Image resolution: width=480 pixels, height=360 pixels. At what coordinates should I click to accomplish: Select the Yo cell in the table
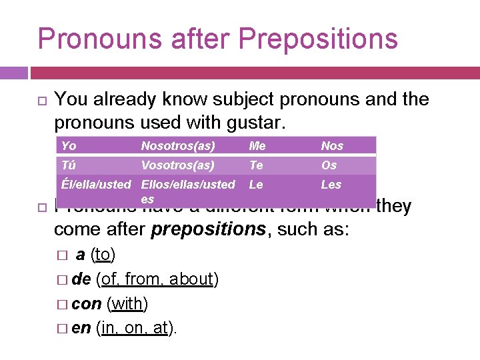[x=69, y=146]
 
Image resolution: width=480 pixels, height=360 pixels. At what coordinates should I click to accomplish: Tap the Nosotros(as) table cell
[x=177, y=146]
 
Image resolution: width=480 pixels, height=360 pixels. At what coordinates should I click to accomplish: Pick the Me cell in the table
[x=257, y=146]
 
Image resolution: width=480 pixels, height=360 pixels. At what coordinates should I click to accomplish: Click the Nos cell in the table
[x=332, y=146]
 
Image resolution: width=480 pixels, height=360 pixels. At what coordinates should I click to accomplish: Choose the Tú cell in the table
[x=68, y=165]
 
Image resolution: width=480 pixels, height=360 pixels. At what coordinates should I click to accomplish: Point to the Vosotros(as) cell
[x=177, y=165]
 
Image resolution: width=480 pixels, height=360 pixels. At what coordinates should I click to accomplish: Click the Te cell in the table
[x=256, y=165]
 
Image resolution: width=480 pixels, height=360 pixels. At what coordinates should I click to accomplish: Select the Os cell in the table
[x=329, y=165]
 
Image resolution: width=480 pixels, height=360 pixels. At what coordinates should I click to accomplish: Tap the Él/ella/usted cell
[x=96, y=185]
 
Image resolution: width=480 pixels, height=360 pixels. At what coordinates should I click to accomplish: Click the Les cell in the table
[x=331, y=185]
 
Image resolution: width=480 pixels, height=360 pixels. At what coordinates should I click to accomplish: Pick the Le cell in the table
[x=256, y=185]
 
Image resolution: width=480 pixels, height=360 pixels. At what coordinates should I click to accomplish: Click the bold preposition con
[x=87, y=304]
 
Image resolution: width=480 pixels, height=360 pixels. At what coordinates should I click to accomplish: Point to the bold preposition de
[x=81, y=279]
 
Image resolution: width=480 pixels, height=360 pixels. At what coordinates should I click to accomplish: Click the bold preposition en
[x=81, y=328]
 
